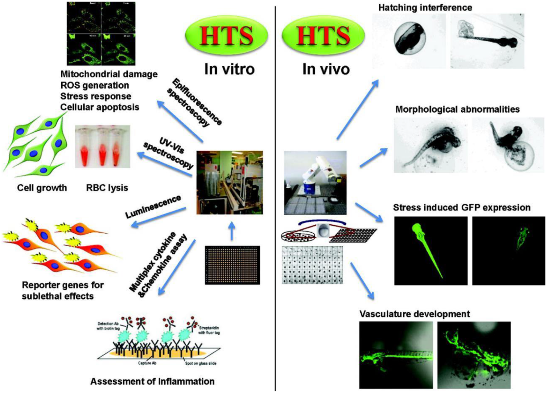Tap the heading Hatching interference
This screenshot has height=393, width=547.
tap(425, 7)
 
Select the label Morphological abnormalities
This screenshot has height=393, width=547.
tap(457, 109)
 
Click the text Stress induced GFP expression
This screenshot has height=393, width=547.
tap(462, 207)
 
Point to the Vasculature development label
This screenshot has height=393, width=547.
tap(414, 314)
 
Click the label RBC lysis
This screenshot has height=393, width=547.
tap(107, 188)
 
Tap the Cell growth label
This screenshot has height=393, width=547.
tap(42, 188)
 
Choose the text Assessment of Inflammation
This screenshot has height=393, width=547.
tap(152, 381)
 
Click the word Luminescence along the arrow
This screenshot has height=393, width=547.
tap(153, 207)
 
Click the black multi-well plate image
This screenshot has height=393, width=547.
tap(232, 265)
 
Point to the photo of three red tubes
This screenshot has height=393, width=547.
tap(103, 147)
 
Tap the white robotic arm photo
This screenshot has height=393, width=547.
tap(315, 182)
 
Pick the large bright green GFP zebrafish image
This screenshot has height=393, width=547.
tap(431, 250)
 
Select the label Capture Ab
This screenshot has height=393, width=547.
tap(147, 363)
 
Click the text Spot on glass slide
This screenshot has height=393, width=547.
tap(201, 363)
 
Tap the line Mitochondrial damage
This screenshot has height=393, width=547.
tap(109, 74)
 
